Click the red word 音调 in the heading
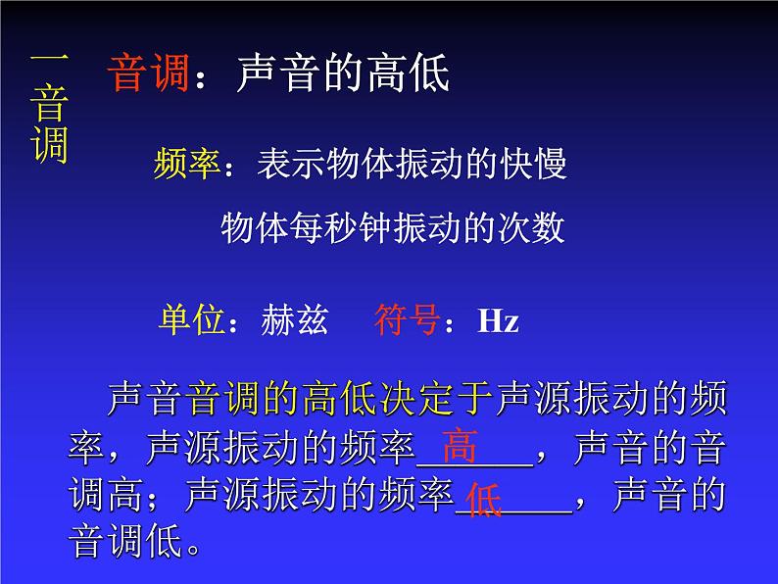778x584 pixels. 150,73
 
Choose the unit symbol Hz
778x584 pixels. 498,320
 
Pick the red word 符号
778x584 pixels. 407,320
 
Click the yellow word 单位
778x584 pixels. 192,320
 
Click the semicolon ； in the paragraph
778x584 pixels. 166,497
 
